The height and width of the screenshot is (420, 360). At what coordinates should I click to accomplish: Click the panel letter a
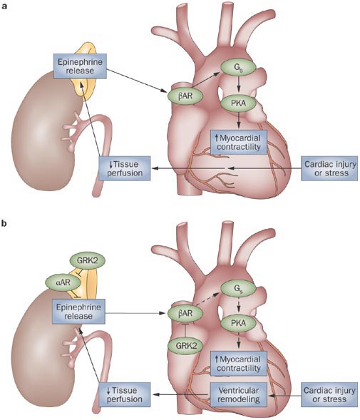tap(6, 5)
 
